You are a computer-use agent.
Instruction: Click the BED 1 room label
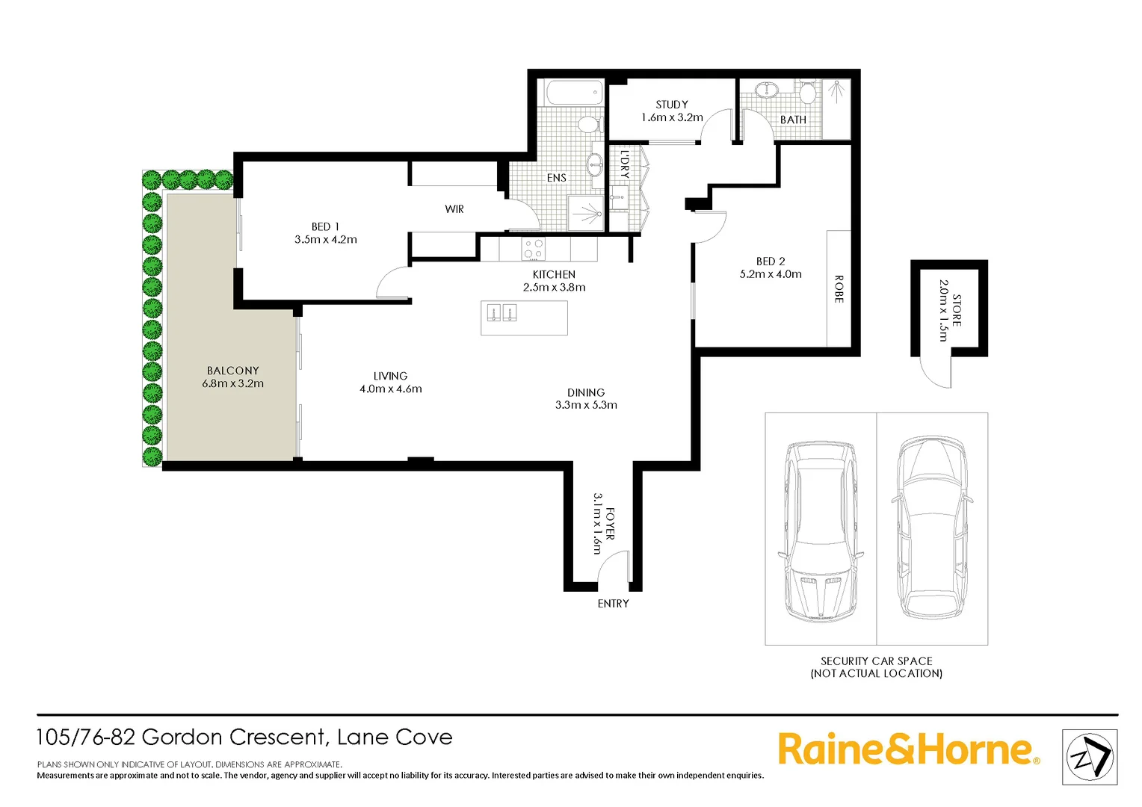[x=325, y=226]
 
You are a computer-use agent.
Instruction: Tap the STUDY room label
[x=671, y=105]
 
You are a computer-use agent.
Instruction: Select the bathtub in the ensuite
[x=573, y=94]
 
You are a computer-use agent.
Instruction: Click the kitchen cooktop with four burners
[x=533, y=249]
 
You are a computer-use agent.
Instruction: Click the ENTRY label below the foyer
[x=613, y=604]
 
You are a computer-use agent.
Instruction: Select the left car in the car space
[x=821, y=529]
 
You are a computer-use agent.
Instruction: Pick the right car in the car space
[x=932, y=528]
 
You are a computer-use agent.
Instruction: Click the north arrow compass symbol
[x=1089, y=757]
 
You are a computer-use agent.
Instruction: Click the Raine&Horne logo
[x=907, y=749]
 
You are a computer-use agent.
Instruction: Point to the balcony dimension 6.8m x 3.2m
[x=232, y=384]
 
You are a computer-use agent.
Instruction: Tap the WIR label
[x=454, y=209]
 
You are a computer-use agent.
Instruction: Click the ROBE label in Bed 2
[x=839, y=289]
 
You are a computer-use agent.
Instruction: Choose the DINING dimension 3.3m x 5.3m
[x=586, y=405]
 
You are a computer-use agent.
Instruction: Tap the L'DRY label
[x=625, y=164]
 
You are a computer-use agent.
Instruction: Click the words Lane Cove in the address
[x=395, y=738]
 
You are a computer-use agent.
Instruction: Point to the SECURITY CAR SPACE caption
[x=876, y=661]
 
